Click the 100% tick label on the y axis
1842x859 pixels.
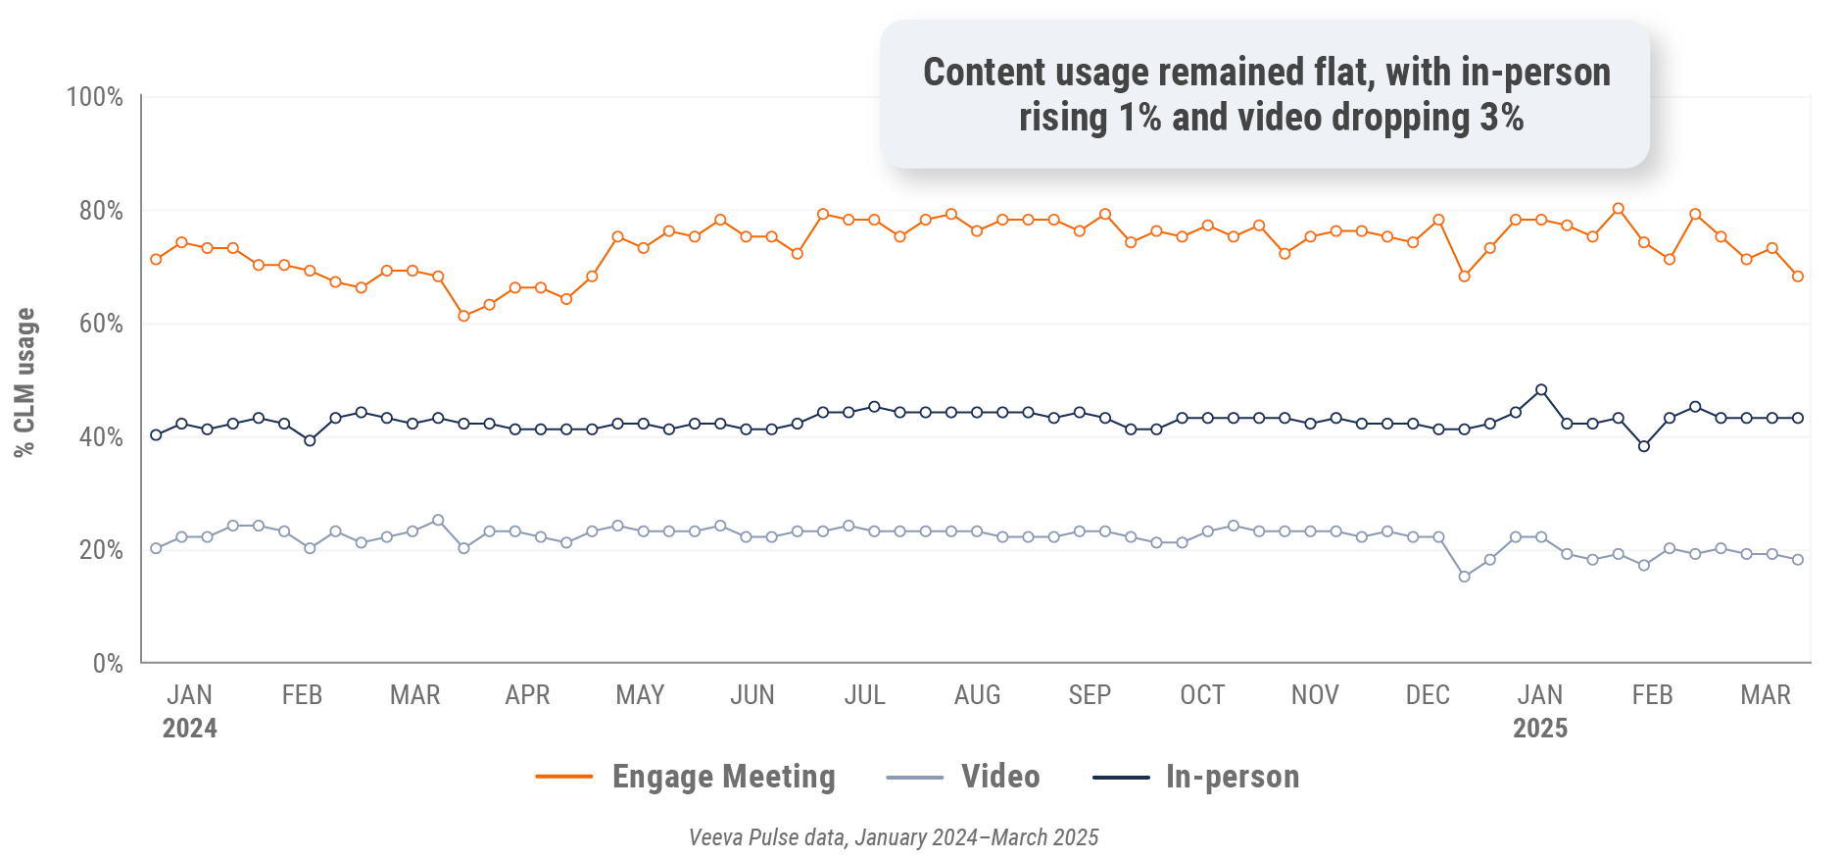click(x=94, y=97)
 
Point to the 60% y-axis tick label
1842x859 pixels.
click(x=100, y=324)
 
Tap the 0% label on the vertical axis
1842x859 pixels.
click(x=108, y=664)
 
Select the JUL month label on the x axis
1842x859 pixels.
click(x=864, y=695)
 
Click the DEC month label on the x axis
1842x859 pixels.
click(x=1427, y=695)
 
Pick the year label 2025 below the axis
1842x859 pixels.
click(x=1539, y=729)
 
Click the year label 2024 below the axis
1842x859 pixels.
click(x=189, y=729)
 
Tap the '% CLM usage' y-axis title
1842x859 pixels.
click(x=24, y=382)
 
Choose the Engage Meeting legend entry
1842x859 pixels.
click(x=723, y=777)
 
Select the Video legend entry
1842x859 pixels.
click(x=999, y=777)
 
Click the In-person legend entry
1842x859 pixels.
click(x=1232, y=777)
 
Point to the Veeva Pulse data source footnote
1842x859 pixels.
click(x=893, y=837)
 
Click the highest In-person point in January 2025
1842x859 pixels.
click(x=1541, y=390)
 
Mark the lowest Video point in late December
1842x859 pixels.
click(x=1464, y=577)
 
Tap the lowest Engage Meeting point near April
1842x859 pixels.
click(x=463, y=316)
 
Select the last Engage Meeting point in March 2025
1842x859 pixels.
click(x=1797, y=277)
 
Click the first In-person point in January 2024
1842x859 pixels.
click(x=156, y=434)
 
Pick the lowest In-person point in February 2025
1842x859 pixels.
click(x=1644, y=446)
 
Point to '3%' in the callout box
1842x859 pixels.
click(x=1501, y=118)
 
